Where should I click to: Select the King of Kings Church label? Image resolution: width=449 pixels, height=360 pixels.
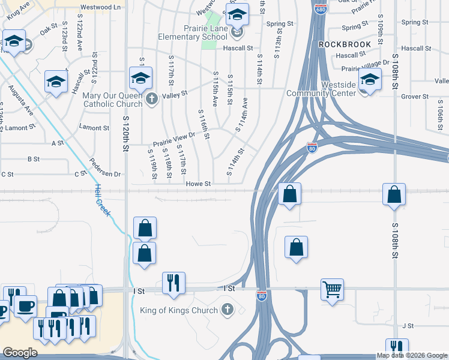point(180,310)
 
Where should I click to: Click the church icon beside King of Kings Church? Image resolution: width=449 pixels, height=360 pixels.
point(227,310)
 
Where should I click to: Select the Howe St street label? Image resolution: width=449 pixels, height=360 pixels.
point(199,184)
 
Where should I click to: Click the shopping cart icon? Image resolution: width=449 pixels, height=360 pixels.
point(332,290)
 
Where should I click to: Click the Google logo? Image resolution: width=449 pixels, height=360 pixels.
point(20,353)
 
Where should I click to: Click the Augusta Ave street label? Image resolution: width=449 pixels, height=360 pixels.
point(21,99)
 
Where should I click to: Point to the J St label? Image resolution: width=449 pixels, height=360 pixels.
point(409,326)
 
